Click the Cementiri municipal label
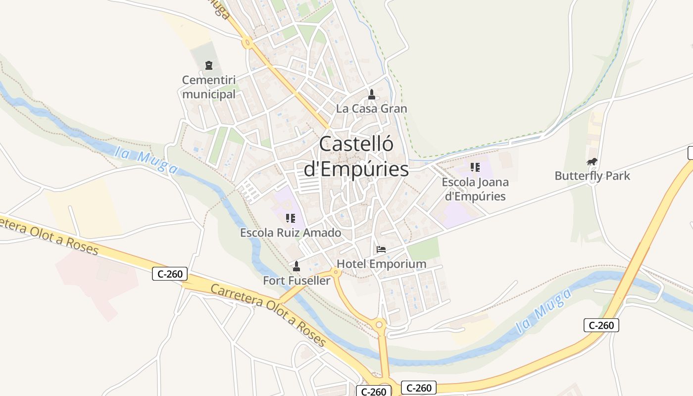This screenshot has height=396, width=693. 209,87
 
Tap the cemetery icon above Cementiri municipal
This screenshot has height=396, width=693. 209,65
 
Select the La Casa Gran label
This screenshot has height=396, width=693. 371,108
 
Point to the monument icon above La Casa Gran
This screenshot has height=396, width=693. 372,94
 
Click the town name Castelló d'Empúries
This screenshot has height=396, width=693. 356,156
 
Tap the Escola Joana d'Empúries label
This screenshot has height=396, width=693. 475,189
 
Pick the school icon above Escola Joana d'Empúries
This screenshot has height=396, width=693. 475,167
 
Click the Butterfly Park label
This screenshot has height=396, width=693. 592,176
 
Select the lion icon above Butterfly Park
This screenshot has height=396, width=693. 592,161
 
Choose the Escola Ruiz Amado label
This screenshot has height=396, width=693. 291,233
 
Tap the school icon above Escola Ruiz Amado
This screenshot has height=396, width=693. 291,218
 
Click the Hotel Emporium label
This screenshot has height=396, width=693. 381,264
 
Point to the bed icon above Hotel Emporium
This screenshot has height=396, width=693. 381,249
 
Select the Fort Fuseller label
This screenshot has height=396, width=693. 297,281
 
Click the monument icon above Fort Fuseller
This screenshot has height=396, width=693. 297,266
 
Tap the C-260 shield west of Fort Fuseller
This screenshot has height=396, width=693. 170,273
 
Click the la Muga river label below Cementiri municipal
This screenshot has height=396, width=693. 146,161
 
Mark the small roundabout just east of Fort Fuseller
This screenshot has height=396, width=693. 337,271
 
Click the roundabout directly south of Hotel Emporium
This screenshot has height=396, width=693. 380,325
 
